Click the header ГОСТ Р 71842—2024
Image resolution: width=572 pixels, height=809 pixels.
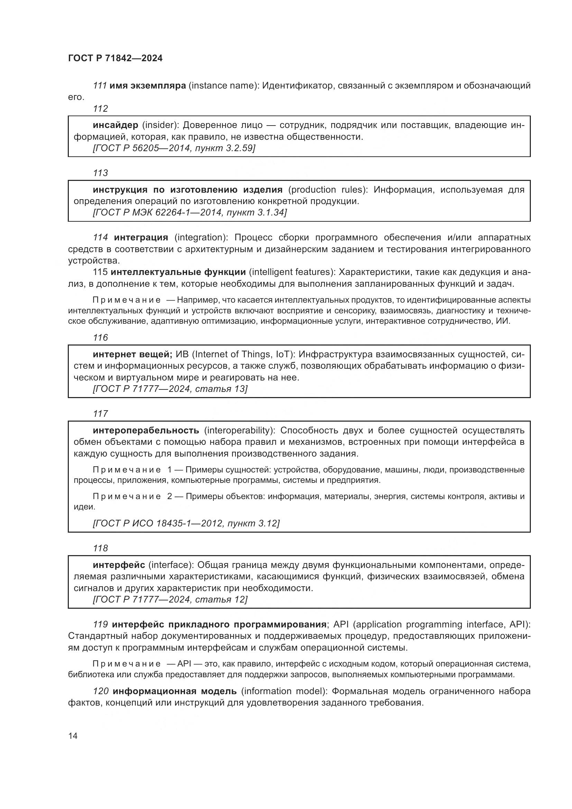(x=115, y=58)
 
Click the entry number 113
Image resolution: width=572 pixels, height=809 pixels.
(x=100, y=173)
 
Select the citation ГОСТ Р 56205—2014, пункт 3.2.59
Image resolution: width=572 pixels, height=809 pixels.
(x=174, y=148)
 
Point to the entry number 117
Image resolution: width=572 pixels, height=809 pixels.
(x=100, y=414)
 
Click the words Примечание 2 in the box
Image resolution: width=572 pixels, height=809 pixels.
(x=132, y=496)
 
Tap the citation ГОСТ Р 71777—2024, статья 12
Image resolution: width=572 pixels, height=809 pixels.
(x=170, y=599)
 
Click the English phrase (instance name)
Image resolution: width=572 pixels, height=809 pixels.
(x=224, y=86)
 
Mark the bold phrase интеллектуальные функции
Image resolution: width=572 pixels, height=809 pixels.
(x=178, y=272)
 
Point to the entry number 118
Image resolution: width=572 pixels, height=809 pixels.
(x=100, y=548)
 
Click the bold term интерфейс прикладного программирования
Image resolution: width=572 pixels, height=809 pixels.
(x=219, y=624)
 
